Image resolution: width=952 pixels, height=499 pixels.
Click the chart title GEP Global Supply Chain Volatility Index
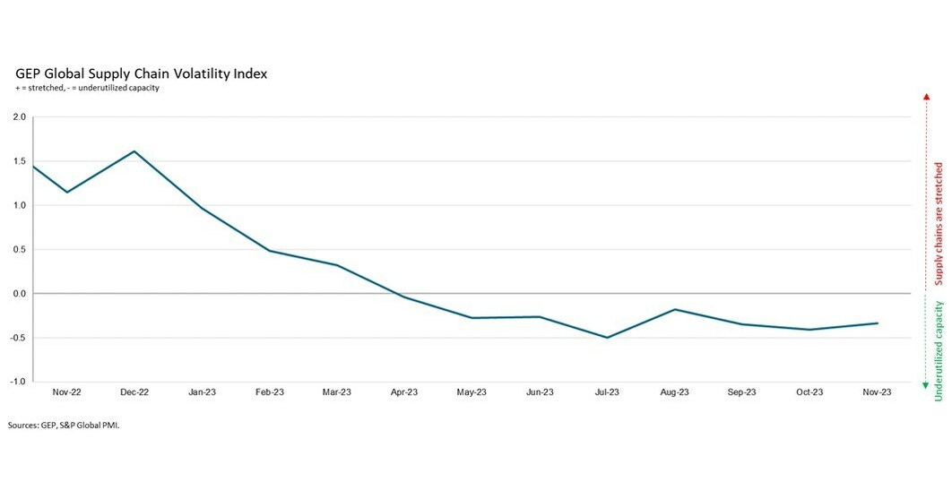140,73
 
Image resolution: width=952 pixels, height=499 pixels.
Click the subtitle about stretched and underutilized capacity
87,88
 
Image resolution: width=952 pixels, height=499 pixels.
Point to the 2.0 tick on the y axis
19,117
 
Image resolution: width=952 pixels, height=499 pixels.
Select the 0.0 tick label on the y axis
19,294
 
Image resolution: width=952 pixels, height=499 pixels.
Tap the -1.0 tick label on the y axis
18,382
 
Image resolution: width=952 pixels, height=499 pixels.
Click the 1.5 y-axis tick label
19,161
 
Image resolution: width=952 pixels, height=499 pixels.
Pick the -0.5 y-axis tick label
18,338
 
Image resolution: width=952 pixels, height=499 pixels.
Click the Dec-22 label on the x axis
134,392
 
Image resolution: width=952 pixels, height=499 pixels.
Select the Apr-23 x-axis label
404,392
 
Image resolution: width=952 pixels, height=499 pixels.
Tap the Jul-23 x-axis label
607,392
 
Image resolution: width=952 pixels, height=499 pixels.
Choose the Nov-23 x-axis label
877,392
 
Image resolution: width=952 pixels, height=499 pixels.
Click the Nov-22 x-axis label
67,392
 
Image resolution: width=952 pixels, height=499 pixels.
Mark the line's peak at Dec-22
134,151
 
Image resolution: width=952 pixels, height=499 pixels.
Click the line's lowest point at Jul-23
607,338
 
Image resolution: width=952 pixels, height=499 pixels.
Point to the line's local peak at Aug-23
675,309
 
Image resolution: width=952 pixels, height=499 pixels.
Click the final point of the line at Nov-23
877,323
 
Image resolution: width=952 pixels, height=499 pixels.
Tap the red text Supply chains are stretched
939,223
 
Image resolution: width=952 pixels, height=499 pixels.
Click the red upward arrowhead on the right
924,95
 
